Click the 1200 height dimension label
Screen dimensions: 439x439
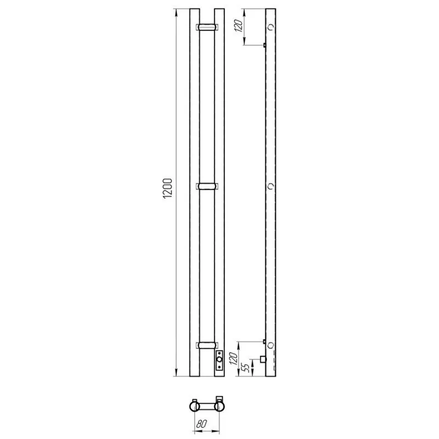(x=167, y=188)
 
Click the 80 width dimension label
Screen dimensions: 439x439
(x=201, y=424)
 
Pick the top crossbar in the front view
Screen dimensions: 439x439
(x=207, y=27)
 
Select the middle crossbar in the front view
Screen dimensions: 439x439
(x=207, y=187)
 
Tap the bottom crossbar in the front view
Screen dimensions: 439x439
(x=207, y=345)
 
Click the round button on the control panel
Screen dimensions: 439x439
(x=219, y=359)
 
